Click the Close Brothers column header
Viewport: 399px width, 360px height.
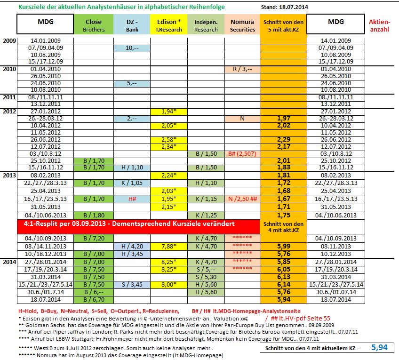pos(93,25)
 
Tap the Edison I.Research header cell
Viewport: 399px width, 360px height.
pos(168,25)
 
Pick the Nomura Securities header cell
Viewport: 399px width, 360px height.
pos(242,25)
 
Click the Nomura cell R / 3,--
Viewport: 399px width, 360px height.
pos(242,69)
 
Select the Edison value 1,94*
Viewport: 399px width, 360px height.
pos(168,112)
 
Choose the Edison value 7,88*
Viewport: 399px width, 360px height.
pos(168,246)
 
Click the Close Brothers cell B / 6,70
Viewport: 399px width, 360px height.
pos(93,299)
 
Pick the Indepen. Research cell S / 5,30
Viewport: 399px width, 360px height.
pos(206,277)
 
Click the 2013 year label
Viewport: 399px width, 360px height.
pos(9,175)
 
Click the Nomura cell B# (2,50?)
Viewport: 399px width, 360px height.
pos(242,154)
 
